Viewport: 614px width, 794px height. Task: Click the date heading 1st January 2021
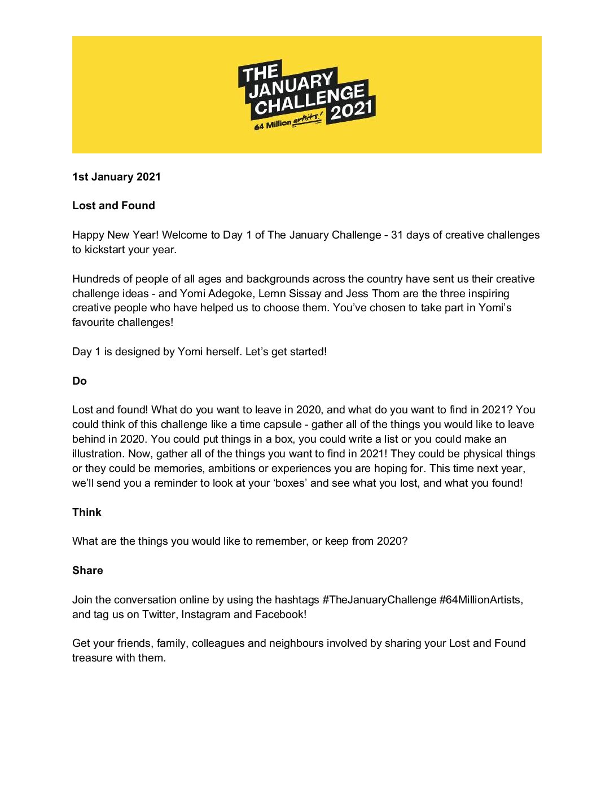(x=116, y=177)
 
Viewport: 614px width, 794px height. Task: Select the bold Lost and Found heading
(x=113, y=206)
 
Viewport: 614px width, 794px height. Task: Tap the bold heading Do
(x=80, y=381)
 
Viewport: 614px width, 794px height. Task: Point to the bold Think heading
(x=87, y=513)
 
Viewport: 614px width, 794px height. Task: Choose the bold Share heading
(x=87, y=571)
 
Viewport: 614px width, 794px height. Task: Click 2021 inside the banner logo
(x=352, y=109)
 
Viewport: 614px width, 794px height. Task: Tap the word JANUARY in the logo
(x=291, y=85)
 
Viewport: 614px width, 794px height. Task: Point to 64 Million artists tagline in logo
(x=288, y=122)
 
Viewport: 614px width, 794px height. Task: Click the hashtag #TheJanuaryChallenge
(x=379, y=600)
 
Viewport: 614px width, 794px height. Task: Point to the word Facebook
(x=280, y=615)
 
